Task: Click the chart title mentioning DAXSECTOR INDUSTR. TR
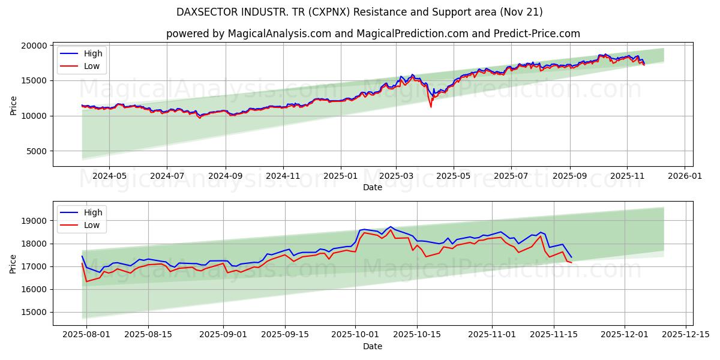point(359,12)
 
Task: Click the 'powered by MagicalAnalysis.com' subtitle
point(373,34)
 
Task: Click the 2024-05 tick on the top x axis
point(109,176)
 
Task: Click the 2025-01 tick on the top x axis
point(341,176)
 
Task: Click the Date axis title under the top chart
point(373,187)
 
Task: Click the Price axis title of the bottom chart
point(13,263)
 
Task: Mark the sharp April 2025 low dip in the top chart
point(431,107)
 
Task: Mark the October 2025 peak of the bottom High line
point(391,227)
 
